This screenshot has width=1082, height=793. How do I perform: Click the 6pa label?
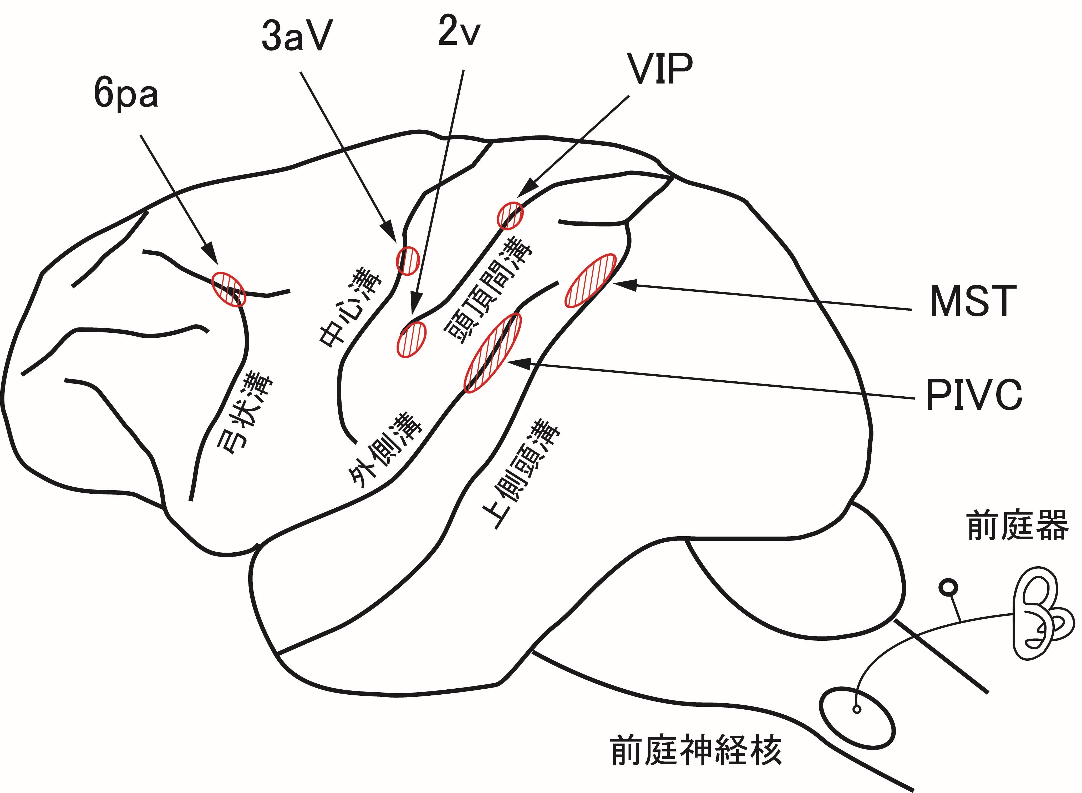tap(126, 95)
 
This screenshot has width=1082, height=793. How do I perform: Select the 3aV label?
tap(297, 37)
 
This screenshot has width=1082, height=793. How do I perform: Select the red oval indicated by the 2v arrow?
tap(411, 339)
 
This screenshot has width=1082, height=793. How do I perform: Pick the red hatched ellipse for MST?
tap(590, 280)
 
